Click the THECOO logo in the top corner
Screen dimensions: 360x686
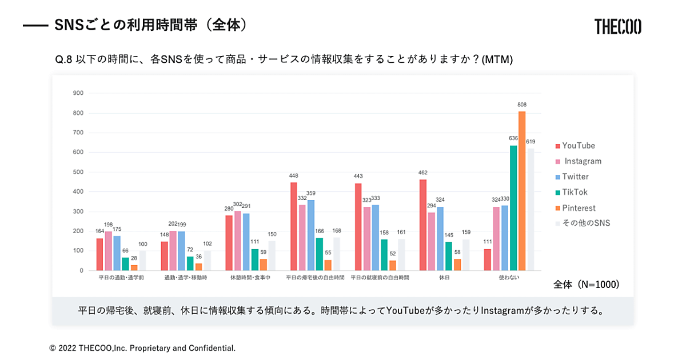click(617, 27)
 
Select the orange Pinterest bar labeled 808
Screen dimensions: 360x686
click(522, 191)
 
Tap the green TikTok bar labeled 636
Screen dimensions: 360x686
click(513, 208)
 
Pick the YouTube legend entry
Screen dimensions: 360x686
click(578, 146)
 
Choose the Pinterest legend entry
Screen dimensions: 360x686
click(579, 208)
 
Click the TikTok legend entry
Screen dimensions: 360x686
click(574, 193)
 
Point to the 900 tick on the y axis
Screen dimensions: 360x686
click(78, 93)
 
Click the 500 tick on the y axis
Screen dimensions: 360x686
click(78, 172)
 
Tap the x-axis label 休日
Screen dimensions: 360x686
click(444, 278)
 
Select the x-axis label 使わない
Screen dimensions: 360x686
click(509, 278)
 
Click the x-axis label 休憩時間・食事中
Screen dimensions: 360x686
click(250, 278)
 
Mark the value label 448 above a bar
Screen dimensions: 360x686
click(293, 177)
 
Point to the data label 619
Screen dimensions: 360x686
click(531, 142)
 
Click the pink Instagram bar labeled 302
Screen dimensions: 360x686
click(238, 241)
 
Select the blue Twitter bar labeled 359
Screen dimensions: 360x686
click(310, 235)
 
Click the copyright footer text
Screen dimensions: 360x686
click(142, 348)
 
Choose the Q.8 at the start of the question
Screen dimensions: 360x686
click(63, 59)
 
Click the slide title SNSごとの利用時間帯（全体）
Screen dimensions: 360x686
click(152, 25)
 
